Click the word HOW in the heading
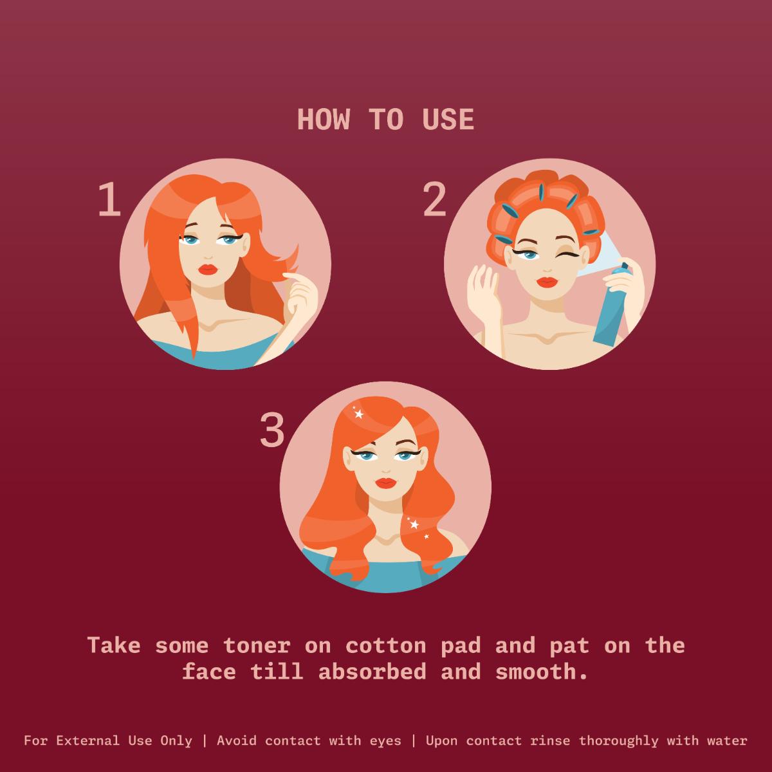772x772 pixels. tap(324, 120)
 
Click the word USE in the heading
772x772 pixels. tap(448, 120)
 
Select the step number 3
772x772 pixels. tap(272, 430)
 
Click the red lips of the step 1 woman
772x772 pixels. tap(208, 269)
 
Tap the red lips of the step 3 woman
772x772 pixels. tap(385, 483)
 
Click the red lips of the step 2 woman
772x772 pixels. tap(547, 282)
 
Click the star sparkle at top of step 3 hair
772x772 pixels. tap(358, 414)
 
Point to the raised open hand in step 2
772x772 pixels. tap(484, 288)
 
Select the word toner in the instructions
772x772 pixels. tap(257, 646)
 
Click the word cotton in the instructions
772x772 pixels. tap(385, 646)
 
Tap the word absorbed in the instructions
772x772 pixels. tap(372, 672)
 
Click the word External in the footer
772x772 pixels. tap(87, 740)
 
